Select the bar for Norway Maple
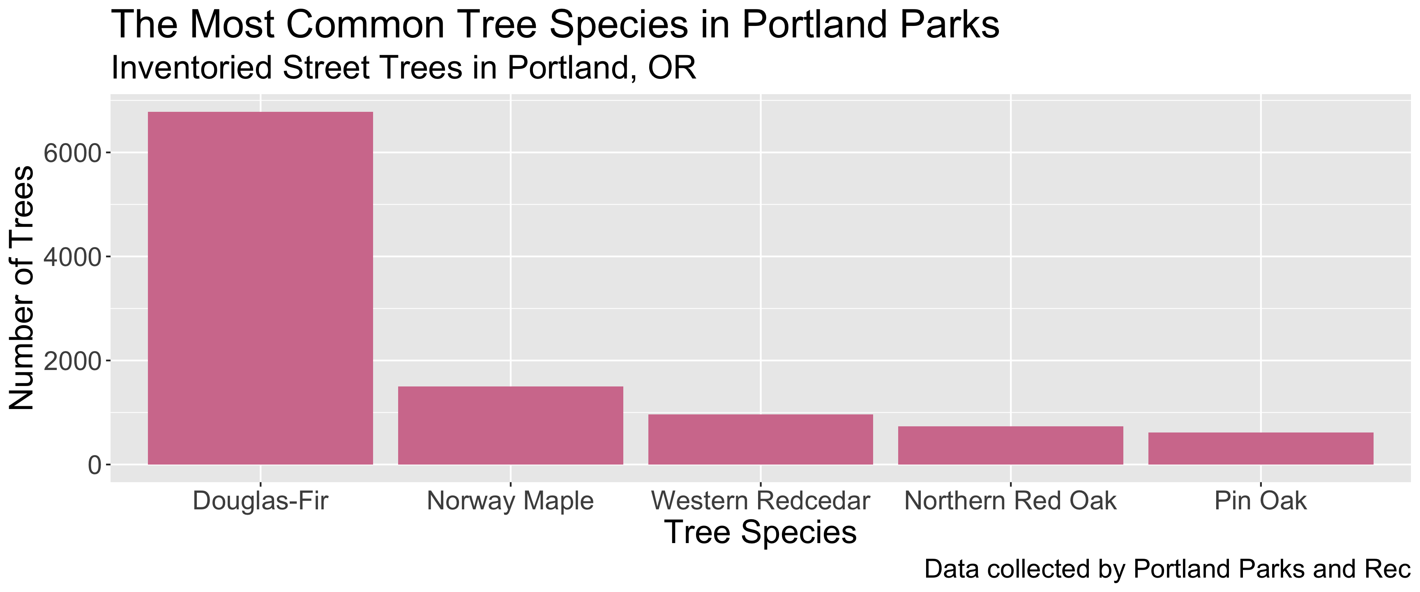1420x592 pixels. [x=510, y=425]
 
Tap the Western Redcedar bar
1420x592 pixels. [x=760, y=439]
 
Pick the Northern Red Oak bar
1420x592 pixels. [x=1010, y=445]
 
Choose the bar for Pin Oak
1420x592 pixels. [x=1261, y=449]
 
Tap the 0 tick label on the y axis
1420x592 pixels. [x=95, y=465]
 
